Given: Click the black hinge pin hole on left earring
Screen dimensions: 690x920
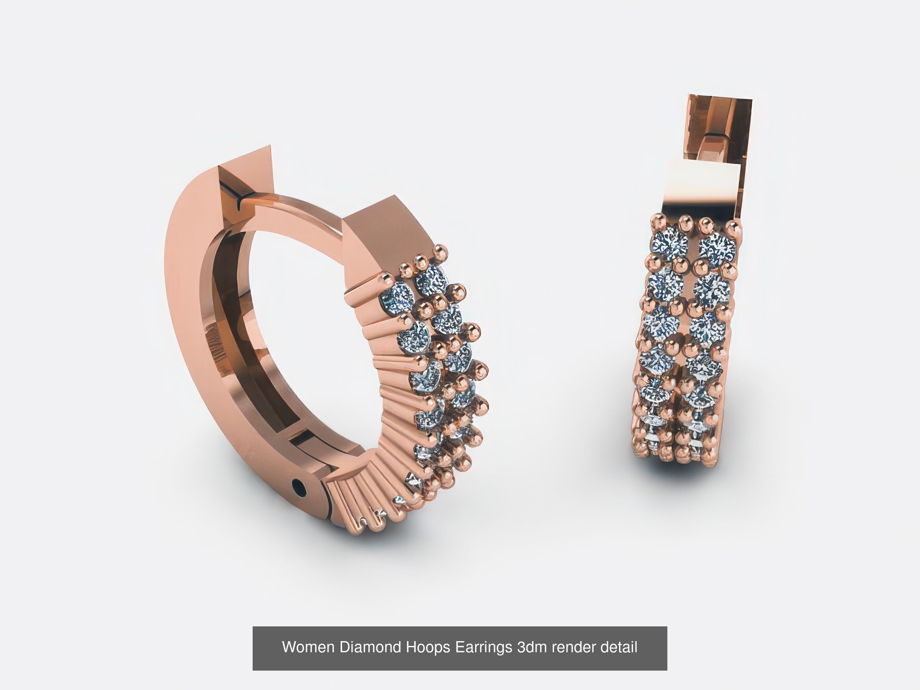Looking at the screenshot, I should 299,486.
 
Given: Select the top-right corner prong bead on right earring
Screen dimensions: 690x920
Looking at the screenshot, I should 733,227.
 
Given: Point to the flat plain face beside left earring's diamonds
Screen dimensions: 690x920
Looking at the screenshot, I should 387,237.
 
